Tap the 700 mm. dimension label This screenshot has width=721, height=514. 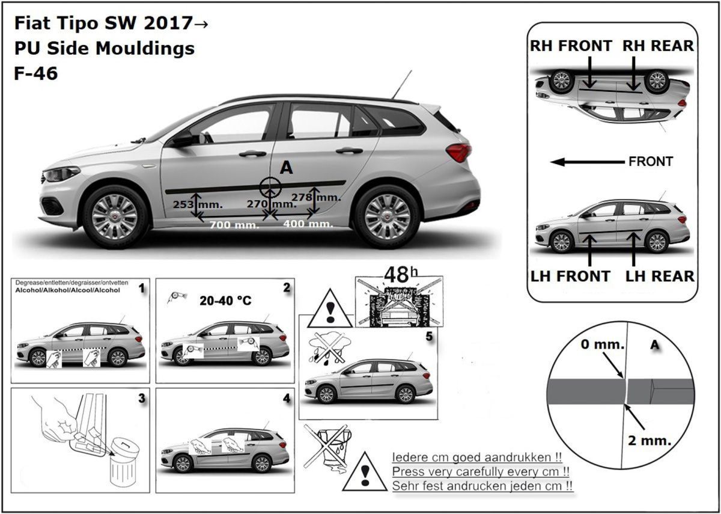tap(234, 225)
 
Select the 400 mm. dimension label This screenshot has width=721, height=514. tap(308, 224)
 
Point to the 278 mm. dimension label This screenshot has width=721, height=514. tap(316, 197)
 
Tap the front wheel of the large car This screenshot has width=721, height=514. tap(115, 216)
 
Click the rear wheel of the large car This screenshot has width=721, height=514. tap(387, 215)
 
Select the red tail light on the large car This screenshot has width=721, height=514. tap(458, 151)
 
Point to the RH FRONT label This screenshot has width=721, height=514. tap(571, 46)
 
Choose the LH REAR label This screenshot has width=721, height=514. tap(660, 276)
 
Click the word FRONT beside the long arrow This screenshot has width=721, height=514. tap(651, 162)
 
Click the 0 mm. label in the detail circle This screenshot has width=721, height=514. tap(603, 345)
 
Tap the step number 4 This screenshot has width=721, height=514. tap(287, 399)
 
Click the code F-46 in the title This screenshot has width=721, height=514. tap(36, 74)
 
